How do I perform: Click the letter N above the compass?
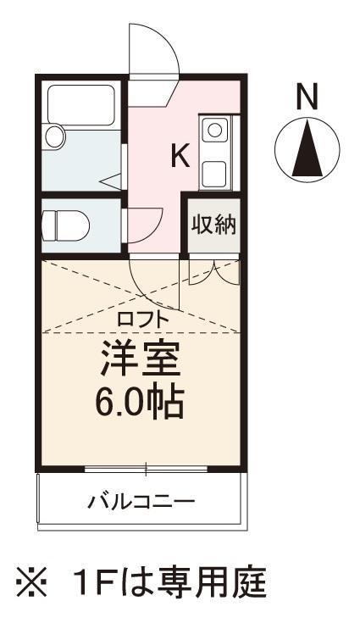click(307, 97)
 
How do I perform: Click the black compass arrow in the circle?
click(307, 151)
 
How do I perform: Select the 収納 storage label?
click(213, 225)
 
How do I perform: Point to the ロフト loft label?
click(143, 320)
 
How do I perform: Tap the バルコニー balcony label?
click(142, 500)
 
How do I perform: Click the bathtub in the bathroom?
click(81, 104)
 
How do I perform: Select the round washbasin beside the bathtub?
click(56, 136)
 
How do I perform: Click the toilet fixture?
click(64, 225)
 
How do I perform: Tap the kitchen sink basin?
click(214, 131)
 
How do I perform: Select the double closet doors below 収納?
click(213, 270)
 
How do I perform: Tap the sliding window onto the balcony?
click(146, 468)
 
